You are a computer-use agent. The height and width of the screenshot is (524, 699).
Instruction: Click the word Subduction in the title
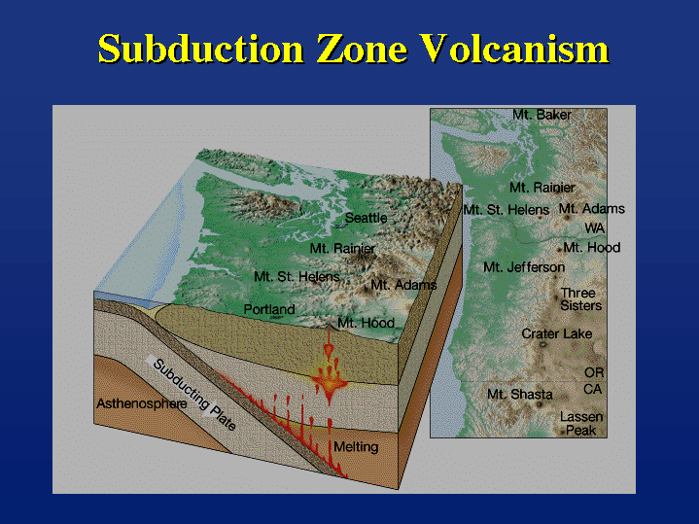200,49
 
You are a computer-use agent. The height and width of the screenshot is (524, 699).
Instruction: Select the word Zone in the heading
362,49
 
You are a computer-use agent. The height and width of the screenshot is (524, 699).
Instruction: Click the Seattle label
366,218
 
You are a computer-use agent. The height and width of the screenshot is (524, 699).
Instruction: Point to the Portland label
269,309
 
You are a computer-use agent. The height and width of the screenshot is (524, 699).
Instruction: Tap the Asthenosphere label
142,403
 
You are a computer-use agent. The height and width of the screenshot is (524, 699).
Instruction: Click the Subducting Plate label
194,395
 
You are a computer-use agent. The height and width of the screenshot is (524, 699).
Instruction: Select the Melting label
356,446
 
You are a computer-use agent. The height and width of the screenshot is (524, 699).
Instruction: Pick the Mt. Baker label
542,115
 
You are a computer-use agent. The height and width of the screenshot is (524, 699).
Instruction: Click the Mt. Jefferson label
524,267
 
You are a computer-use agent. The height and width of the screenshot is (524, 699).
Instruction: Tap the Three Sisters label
580,299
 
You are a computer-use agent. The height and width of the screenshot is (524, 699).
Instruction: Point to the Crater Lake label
556,333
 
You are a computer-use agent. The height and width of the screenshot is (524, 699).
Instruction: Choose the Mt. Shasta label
520,395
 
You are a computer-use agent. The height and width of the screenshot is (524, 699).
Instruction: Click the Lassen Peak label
581,424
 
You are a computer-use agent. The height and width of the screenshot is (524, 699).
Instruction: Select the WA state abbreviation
594,227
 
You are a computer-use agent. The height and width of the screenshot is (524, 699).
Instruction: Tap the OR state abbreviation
594,372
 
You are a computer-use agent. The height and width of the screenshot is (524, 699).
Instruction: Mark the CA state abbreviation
592,389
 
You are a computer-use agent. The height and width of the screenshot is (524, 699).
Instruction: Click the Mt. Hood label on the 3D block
366,323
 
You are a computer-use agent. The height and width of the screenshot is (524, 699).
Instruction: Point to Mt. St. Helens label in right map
507,210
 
